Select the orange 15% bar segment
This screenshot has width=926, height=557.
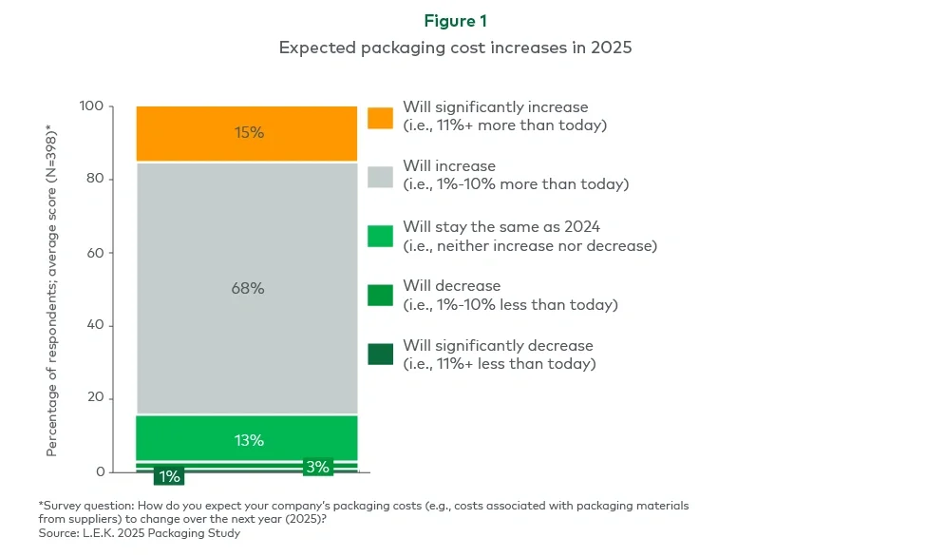(x=248, y=133)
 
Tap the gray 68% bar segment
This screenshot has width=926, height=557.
(x=248, y=288)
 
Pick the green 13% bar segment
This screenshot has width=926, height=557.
(x=248, y=439)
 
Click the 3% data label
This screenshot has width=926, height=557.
(x=316, y=467)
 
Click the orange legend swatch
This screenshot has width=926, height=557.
(x=380, y=117)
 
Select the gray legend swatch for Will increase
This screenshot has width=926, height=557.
(x=380, y=176)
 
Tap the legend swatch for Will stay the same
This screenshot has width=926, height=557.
(x=380, y=237)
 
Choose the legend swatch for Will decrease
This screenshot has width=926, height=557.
(x=380, y=296)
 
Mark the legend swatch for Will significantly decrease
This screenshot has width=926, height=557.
(x=380, y=355)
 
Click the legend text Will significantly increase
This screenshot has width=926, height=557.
(x=495, y=107)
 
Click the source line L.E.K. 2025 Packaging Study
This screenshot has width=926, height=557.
(x=140, y=533)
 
